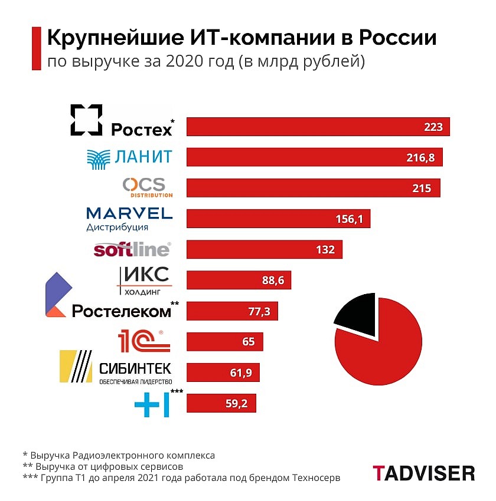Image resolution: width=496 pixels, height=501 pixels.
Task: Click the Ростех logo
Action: coord(121,121)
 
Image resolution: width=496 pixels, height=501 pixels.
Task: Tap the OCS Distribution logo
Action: coord(147,187)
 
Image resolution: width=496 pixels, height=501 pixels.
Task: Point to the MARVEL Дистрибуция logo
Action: coord(129,219)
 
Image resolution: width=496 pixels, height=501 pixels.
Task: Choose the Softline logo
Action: coord(132,249)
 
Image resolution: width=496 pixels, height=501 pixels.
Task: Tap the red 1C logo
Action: coord(143,341)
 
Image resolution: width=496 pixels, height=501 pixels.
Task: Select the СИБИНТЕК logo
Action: coord(116,369)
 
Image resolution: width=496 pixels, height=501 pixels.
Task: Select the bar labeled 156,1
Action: coord(278,219)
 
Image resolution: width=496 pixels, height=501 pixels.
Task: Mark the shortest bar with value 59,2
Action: coord(221,403)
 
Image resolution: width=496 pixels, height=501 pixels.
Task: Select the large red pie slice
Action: coord(381,348)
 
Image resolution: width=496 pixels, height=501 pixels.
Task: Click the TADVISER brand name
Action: coord(423,473)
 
